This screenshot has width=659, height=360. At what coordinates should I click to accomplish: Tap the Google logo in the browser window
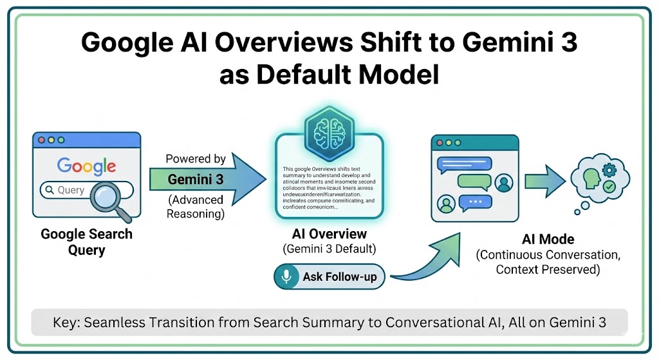(x=86, y=166)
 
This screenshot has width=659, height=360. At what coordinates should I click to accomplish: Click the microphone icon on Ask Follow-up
(x=285, y=277)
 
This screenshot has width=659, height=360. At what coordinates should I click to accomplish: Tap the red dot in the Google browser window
(x=42, y=140)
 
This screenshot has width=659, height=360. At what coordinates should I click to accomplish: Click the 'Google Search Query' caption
(x=86, y=241)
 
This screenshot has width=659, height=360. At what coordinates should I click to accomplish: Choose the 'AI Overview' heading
(x=329, y=234)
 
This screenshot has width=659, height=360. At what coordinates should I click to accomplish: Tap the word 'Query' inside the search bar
(x=71, y=190)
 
